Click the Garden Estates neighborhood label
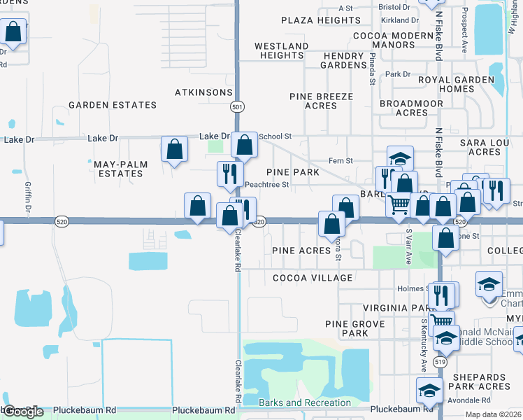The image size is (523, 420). point(113,105)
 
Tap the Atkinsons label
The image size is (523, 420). point(203,92)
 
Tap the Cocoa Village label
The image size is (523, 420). point(312,278)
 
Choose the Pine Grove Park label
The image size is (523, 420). point(355,328)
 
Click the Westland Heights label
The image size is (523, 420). point(282,50)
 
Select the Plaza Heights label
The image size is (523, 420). point(321,20)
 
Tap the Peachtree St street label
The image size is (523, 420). point(266,185)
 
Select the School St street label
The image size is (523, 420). point(275,136)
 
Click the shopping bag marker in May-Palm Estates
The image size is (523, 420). point(174,149)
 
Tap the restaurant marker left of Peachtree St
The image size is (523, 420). point(230,175)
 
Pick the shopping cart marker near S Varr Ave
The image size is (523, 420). point(399,204)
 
